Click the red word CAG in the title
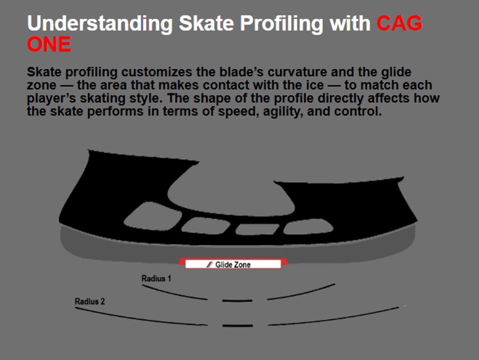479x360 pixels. pyautogui.click(x=399, y=23)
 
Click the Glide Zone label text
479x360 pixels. pyautogui.click(x=233, y=264)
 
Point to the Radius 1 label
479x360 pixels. pyautogui.click(x=156, y=279)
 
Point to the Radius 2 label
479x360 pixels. pyautogui.click(x=90, y=301)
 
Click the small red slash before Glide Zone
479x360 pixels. pyautogui.click(x=209, y=264)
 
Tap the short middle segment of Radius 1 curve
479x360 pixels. pyautogui.click(x=237, y=301)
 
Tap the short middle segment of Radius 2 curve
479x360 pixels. pyautogui.click(x=238, y=326)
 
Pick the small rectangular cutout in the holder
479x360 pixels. pyautogui.click(x=257, y=229)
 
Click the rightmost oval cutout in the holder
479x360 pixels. pyautogui.click(x=308, y=227)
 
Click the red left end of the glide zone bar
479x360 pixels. pyautogui.click(x=182, y=262)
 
